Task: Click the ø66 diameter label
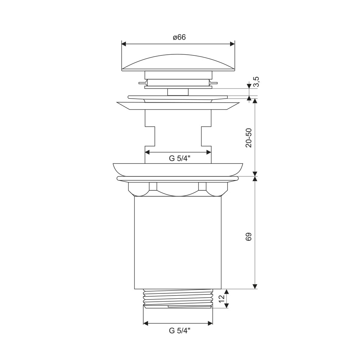tap(179, 37)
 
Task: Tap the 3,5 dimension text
tap(256, 81)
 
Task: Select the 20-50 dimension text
tap(249, 138)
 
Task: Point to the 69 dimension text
tap(249, 237)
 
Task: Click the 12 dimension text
tap(221, 298)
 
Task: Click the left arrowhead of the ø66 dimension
tap(124, 44)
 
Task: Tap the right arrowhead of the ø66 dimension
tap(232, 44)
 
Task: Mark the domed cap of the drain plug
tap(178, 63)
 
